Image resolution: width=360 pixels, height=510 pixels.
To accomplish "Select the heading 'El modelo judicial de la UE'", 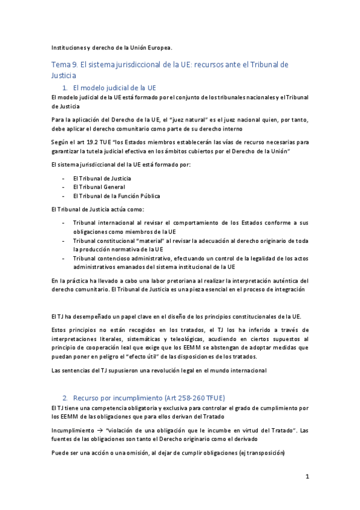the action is pyautogui.click(x=114, y=87).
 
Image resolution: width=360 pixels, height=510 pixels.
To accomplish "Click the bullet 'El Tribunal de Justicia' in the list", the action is pyautogui.click(x=102, y=178).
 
